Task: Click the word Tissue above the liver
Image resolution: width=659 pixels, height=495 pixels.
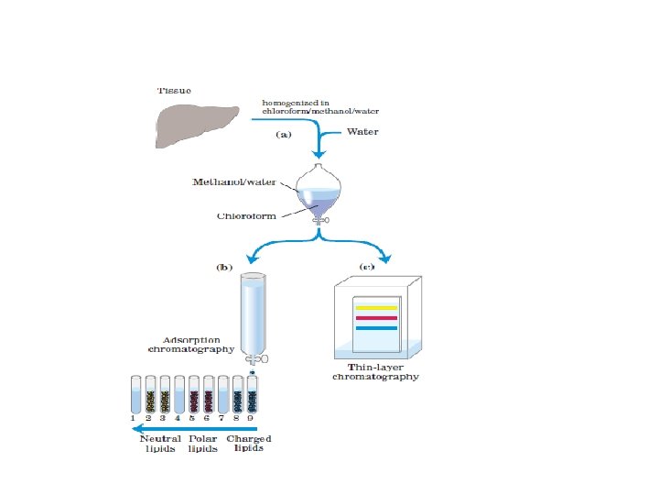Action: click(174, 90)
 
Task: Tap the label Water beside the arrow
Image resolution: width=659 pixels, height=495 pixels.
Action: click(362, 132)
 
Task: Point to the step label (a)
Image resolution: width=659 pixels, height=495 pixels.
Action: click(284, 134)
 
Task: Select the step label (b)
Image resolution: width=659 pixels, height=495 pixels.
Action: click(224, 268)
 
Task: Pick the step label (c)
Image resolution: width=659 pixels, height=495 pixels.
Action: click(365, 268)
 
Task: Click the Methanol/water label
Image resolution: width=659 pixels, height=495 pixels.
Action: click(229, 181)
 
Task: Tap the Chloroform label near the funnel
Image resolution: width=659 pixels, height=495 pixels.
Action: click(246, 217)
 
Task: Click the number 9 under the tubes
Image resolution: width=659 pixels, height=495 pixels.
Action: click(252, 419)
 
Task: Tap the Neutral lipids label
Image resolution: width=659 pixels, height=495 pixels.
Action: click(160, 444)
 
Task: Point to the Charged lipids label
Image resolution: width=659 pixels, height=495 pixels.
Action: click(249, 444)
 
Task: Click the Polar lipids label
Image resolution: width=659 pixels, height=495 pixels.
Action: click(202, 444)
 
